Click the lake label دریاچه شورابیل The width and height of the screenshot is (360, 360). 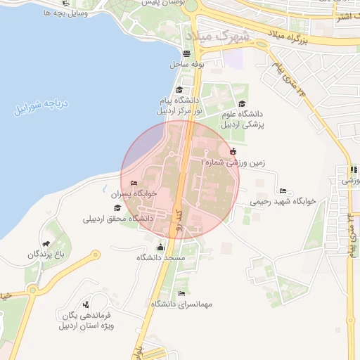pos(41,106)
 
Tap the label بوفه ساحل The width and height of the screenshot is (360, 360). pos(186,64)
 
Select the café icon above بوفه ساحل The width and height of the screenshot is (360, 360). pos(186,53)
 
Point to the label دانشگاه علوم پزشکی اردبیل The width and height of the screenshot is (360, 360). pos(242,119)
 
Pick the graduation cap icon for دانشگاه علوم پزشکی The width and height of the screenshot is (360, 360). pos(242,104)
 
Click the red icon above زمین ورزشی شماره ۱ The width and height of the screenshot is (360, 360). pos(233,150)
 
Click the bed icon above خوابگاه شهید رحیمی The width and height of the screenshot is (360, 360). pos(283,191)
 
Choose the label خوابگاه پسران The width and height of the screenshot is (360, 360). pos(134,193)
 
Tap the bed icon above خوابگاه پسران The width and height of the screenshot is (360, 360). pos(134,183)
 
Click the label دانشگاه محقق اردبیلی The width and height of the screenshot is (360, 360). pos(118,219)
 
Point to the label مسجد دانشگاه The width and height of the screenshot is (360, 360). pos(160,257)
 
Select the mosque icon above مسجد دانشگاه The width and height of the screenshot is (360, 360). pos(160,247)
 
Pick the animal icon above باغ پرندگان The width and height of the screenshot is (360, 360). pos(46,243)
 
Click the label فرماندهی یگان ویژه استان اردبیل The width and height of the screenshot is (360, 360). pos(86,321)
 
